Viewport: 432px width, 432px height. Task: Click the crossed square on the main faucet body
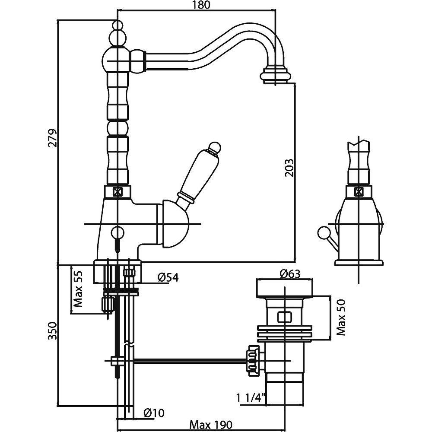[116, 191]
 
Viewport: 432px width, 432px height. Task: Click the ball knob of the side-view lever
[322, 234]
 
